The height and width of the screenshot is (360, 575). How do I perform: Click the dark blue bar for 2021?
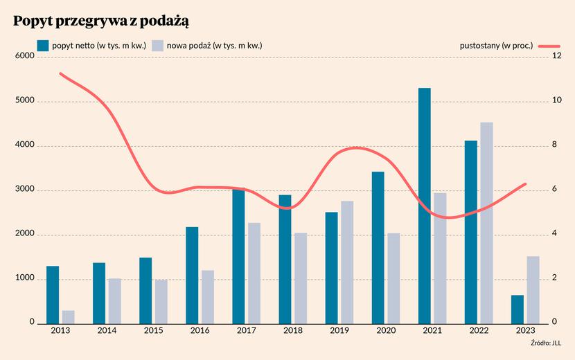(424, 206)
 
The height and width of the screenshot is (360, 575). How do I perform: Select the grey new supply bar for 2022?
(486, 223)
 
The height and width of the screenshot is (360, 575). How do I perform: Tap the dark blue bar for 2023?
(517, 309)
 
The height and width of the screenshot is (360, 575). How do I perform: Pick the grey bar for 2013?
(68, 318)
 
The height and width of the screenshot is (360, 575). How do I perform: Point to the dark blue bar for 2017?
(238, 256)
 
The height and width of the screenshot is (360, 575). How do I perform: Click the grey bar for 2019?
(347, 262)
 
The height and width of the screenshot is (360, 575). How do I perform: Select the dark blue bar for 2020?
(378, 248)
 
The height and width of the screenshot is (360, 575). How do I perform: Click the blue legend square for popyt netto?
(43, 46)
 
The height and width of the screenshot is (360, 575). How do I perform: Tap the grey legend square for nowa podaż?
(157, 46)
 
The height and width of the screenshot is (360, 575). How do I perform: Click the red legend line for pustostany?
(549, 46)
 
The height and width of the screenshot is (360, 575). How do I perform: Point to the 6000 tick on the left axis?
(24, 56)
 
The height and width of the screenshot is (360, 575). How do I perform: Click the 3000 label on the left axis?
(24, 189)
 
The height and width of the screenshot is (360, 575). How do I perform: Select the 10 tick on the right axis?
(557, 100)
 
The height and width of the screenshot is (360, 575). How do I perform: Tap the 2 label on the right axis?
(554, 278)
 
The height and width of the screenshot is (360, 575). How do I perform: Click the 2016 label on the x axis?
(200, 331)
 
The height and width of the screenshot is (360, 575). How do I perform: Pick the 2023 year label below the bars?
(526, 331)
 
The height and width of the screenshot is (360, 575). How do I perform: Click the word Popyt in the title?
(33, 21)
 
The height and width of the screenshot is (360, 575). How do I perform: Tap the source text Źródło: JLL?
(546, 343)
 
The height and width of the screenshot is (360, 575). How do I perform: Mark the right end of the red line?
(526, 183)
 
